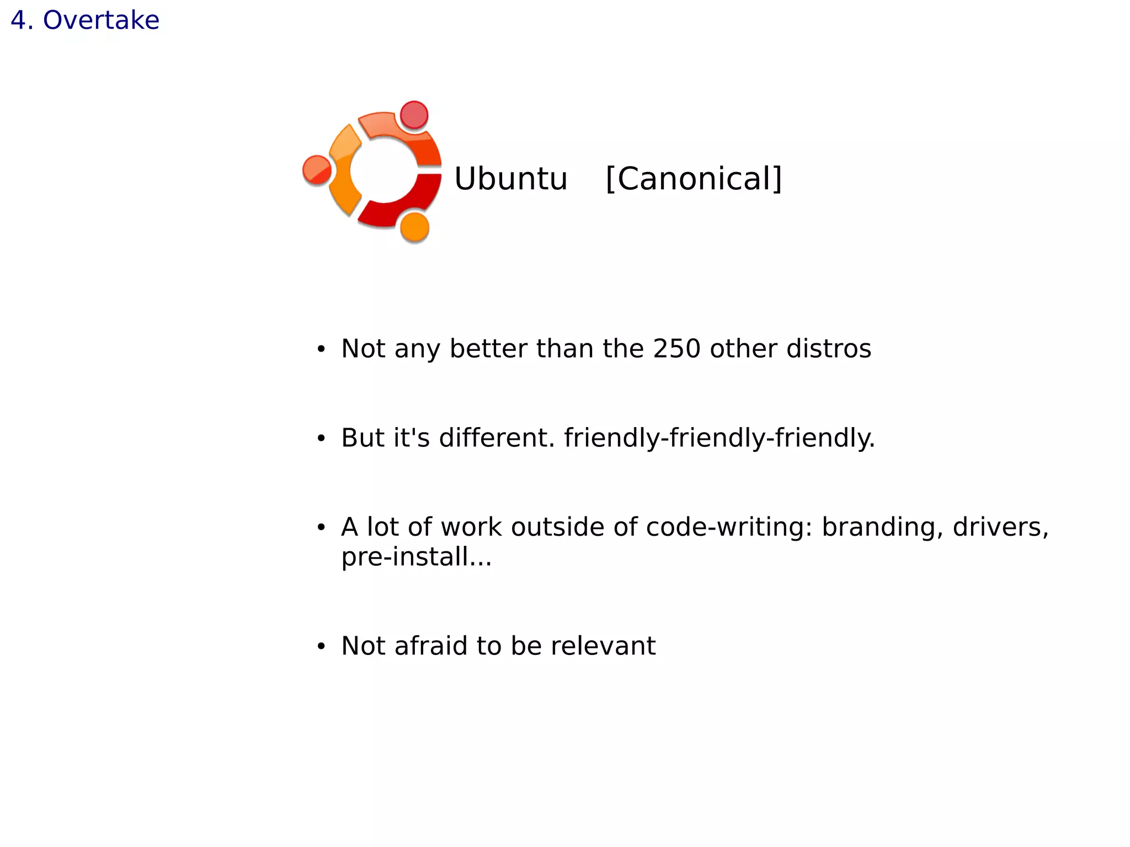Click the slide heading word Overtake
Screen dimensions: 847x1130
point(101,20)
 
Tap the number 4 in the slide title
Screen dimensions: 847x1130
point(19,20)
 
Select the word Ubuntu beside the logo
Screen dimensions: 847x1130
point(510,179)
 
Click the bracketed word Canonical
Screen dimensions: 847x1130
point(694,179)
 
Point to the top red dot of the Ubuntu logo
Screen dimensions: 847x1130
point(414,115)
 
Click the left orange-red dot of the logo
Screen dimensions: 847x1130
point(317,170)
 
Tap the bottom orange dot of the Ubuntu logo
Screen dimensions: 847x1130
point(414,227)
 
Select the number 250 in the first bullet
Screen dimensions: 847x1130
point(676,349)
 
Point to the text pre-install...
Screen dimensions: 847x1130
point(415,557)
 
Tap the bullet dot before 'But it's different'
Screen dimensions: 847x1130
point(321,439)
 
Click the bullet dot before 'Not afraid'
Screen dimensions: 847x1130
point(321,647)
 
